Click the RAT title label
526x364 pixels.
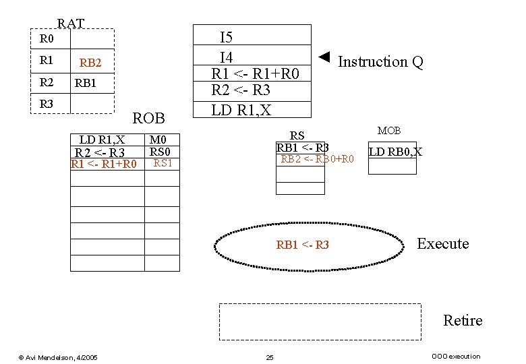[71, 24]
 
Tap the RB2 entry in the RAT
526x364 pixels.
[90, 63]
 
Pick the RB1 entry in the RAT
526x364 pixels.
[86, 84]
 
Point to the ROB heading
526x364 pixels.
[149, 119]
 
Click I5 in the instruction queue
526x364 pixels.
[227, 38]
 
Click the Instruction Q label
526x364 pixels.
[380, 62]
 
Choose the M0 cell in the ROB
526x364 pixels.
[162, 140]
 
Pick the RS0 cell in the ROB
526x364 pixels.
[162, 152]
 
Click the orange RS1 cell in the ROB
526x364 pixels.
[163, 163]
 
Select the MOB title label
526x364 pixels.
[389, 130]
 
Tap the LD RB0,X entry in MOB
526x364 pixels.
[395, 152]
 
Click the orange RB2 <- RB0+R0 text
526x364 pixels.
[317, 159]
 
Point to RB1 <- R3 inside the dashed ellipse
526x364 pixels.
[303, 245]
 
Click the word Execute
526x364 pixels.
[442, 244]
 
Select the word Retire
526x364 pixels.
[463, 320]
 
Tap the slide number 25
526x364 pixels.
[270, 357]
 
